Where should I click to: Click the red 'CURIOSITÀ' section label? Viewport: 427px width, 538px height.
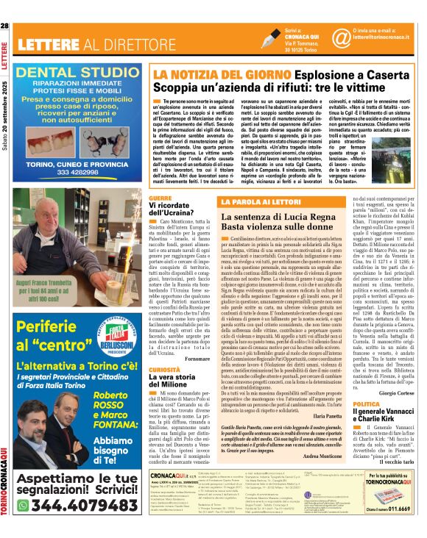164,370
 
